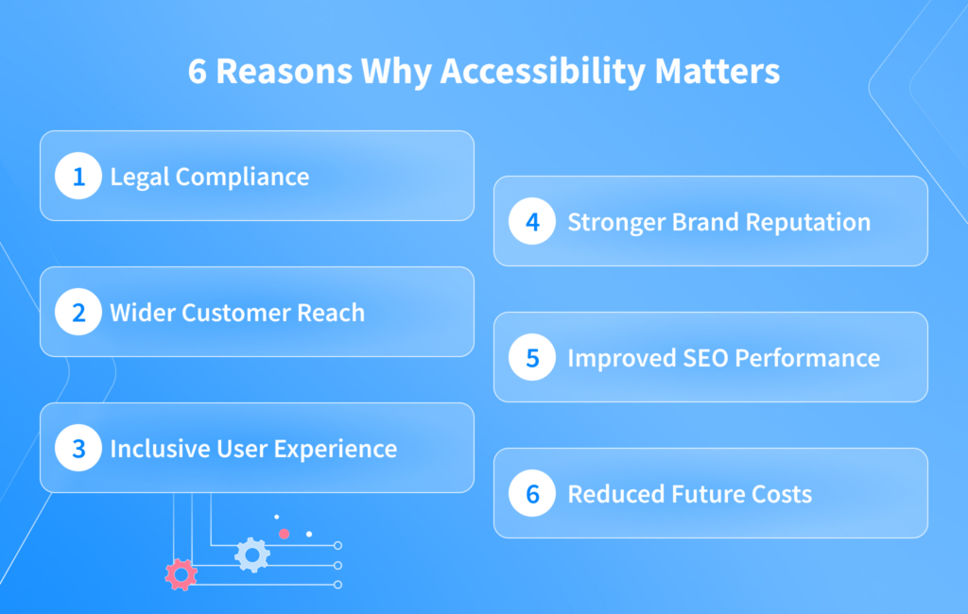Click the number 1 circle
(78, 177)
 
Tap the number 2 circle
(78, 313)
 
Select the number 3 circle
(78, 449)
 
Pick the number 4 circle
(532, 222)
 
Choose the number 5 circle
(532, 358)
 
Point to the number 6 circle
(532, 494)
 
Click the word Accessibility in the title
(542, 73)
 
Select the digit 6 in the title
(197, 73)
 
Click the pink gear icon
(181, 574)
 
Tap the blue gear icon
(251, 554)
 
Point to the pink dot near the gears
(284, 534)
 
